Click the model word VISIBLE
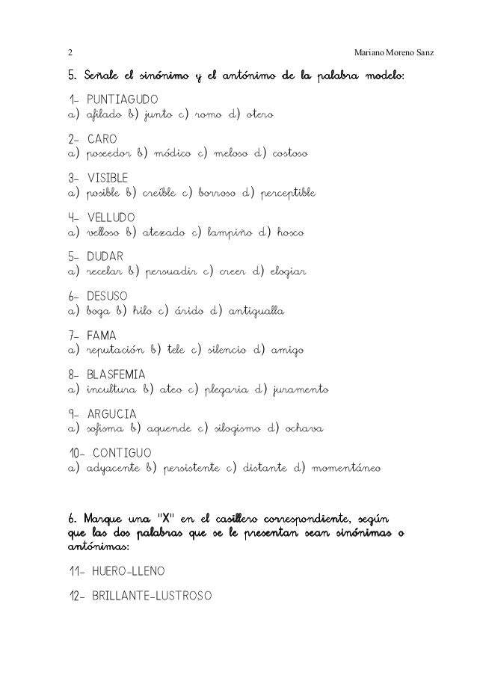click(108, 179)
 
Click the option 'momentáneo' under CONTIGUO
click(348, 469)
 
